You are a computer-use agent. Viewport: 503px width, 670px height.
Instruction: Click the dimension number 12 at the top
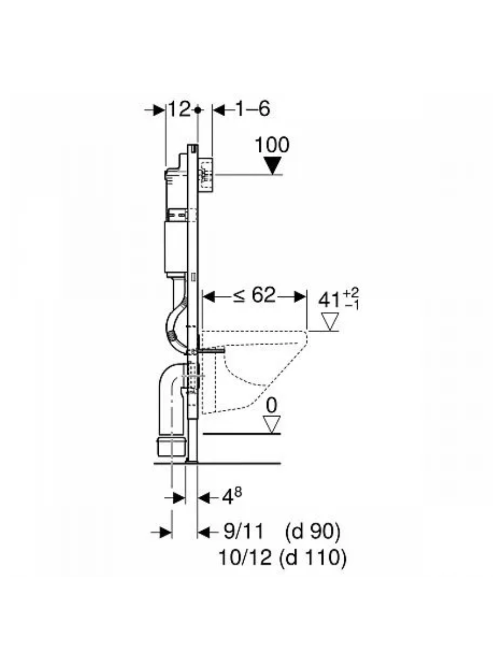pos(179,109)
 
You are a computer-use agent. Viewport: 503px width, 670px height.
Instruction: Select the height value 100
pos(272,145)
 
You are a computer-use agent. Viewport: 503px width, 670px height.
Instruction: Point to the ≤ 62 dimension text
pos(254,295)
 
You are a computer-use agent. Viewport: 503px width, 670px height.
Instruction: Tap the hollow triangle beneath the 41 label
pos(330,322)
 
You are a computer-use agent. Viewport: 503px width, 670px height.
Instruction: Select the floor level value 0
pos(272,406)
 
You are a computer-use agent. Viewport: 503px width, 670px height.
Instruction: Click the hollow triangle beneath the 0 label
pos(272,424)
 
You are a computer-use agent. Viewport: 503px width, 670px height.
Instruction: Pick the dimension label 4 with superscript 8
pos(232,497)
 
